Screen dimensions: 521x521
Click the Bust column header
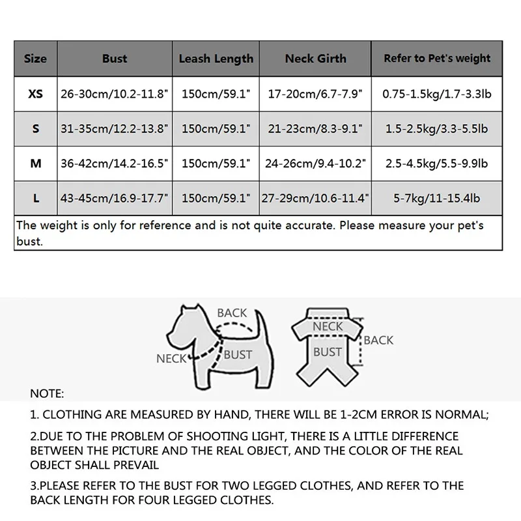pos(115,59)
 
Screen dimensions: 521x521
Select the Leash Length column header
pos(216,59)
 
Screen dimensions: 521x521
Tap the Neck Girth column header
pos(316,59)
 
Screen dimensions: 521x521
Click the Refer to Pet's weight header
pos(437,59)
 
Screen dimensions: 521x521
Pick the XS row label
pos(36,94)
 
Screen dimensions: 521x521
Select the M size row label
pos(36,163)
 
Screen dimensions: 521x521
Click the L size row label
pos(36,198)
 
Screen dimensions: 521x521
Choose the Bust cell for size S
pos(115,129)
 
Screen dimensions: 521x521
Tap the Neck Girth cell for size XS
pos(316,94)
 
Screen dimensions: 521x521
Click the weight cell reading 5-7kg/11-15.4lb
pos(437,198)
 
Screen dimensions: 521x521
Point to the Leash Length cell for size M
pos(216,163)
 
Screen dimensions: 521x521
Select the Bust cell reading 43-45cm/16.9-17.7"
pos(115,198)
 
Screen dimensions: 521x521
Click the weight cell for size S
pos(437,129)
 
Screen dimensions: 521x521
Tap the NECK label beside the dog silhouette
pos(171,358)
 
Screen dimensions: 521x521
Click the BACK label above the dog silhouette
pos(232,313)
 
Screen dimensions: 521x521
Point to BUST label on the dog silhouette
pos(237,355)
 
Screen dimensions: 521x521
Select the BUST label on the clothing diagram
pos(328,352)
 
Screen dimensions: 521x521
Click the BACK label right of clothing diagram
pos(379,340)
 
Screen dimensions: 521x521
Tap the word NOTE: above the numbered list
pos(47,394)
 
